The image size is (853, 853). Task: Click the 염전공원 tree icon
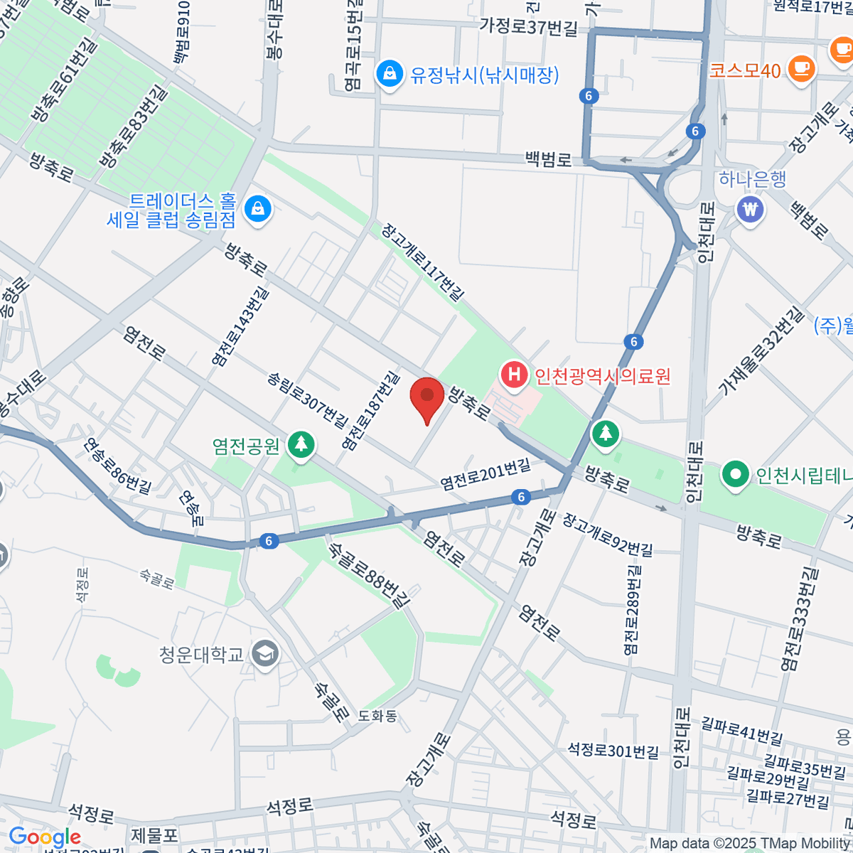pos(301,445)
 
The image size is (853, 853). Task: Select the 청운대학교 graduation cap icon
pos(266,653)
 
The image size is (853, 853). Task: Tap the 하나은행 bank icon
pos(751,209)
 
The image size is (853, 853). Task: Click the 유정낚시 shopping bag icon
pos(389,74)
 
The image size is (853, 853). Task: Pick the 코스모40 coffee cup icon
pos(801,70)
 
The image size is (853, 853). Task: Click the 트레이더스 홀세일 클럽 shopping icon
pos(257,209)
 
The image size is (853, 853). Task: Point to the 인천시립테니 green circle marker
pos(735,474)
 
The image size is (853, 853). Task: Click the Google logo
pos(44,837)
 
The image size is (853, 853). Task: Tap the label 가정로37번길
pos(528,26)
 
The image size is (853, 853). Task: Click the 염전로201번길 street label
pos(485,475)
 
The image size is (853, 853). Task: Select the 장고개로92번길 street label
pos(608,535)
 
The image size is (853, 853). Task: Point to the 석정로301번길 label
pos(613,751)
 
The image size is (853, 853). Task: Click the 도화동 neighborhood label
pos(377,716)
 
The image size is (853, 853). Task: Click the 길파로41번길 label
pos(742,730)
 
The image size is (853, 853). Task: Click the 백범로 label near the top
pos(548,159)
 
